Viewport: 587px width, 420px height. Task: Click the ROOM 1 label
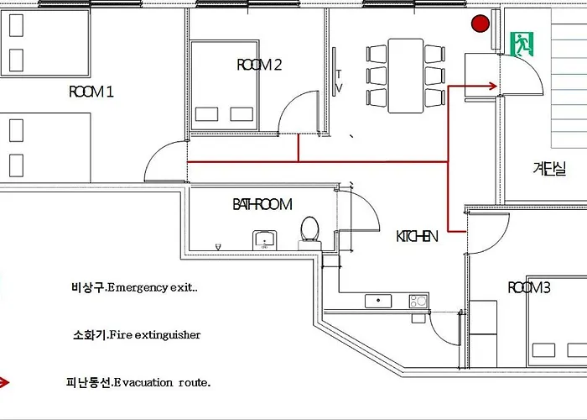pos(91,92)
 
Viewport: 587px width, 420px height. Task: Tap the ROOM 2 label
pos(259,65)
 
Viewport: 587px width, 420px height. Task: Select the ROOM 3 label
pos(529,288)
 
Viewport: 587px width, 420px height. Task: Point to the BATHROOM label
pos(262,204)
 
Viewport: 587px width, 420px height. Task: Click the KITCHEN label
pos(417,236)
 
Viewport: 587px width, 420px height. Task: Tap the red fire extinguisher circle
pos(481,24)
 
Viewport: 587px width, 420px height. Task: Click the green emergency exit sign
pos(522,44)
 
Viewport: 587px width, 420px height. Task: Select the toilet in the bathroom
pos(310,234)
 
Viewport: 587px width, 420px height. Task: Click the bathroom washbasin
pos(265,240)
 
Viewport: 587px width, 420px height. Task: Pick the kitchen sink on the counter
pos(378,301)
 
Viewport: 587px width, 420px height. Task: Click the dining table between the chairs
pos(406,76)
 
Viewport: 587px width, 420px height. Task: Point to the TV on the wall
pos(335,71)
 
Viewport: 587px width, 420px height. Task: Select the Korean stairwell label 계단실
pos(549,168)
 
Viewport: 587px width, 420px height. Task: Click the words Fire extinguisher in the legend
pos(154,334)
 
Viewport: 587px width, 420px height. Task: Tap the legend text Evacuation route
pos(162,382)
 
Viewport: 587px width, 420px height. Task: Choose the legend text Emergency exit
pos(151,287)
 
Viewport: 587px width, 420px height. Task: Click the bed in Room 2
pos(225,86)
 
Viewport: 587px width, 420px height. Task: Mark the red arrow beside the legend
pos(3,382)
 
